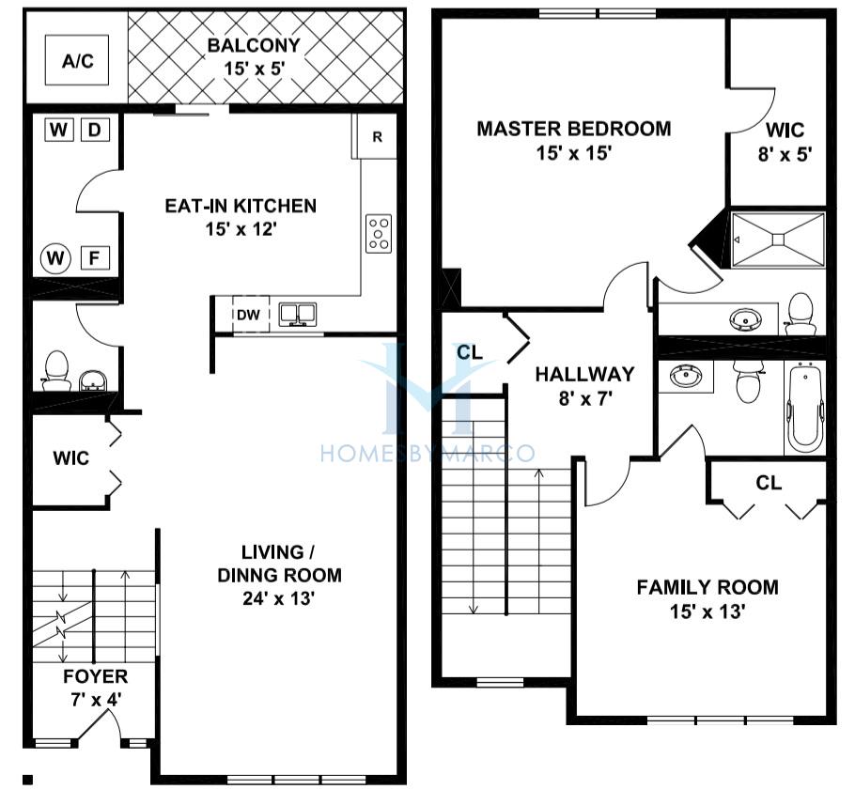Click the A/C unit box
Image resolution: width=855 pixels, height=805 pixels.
tap(77, 60)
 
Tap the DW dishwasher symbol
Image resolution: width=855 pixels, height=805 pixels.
tap(250, 314)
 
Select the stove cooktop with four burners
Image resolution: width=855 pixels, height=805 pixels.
tap(379, 233)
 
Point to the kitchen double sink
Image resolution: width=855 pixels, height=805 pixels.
tap(298, 315)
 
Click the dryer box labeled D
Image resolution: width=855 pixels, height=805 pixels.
tap(95, 130)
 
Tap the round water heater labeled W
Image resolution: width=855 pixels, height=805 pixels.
tap(55, 257)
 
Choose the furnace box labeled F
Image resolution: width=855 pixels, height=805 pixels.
tap(95, 257)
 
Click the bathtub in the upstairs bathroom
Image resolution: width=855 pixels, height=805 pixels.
tap(805, 408)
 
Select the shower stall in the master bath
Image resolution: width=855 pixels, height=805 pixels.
tap(778, 240)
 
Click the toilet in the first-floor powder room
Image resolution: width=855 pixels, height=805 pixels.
tap(56, 371)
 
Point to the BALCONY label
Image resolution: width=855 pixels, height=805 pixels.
tap(254, 45)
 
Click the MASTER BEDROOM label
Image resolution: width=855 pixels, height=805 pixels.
tap(574, 129)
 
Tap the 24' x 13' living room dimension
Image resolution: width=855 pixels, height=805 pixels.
tap(279, 598)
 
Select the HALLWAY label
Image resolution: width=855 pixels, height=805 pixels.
tap(584, 375)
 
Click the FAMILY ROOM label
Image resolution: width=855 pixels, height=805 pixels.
tap(707, 587)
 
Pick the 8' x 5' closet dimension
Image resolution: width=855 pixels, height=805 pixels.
tap(785, 155)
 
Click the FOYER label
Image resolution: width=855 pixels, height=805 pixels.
tap(96, 676)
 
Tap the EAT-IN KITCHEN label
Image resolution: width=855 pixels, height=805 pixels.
tap(241, 206)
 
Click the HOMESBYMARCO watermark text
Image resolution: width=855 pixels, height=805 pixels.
tap(427, 453)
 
